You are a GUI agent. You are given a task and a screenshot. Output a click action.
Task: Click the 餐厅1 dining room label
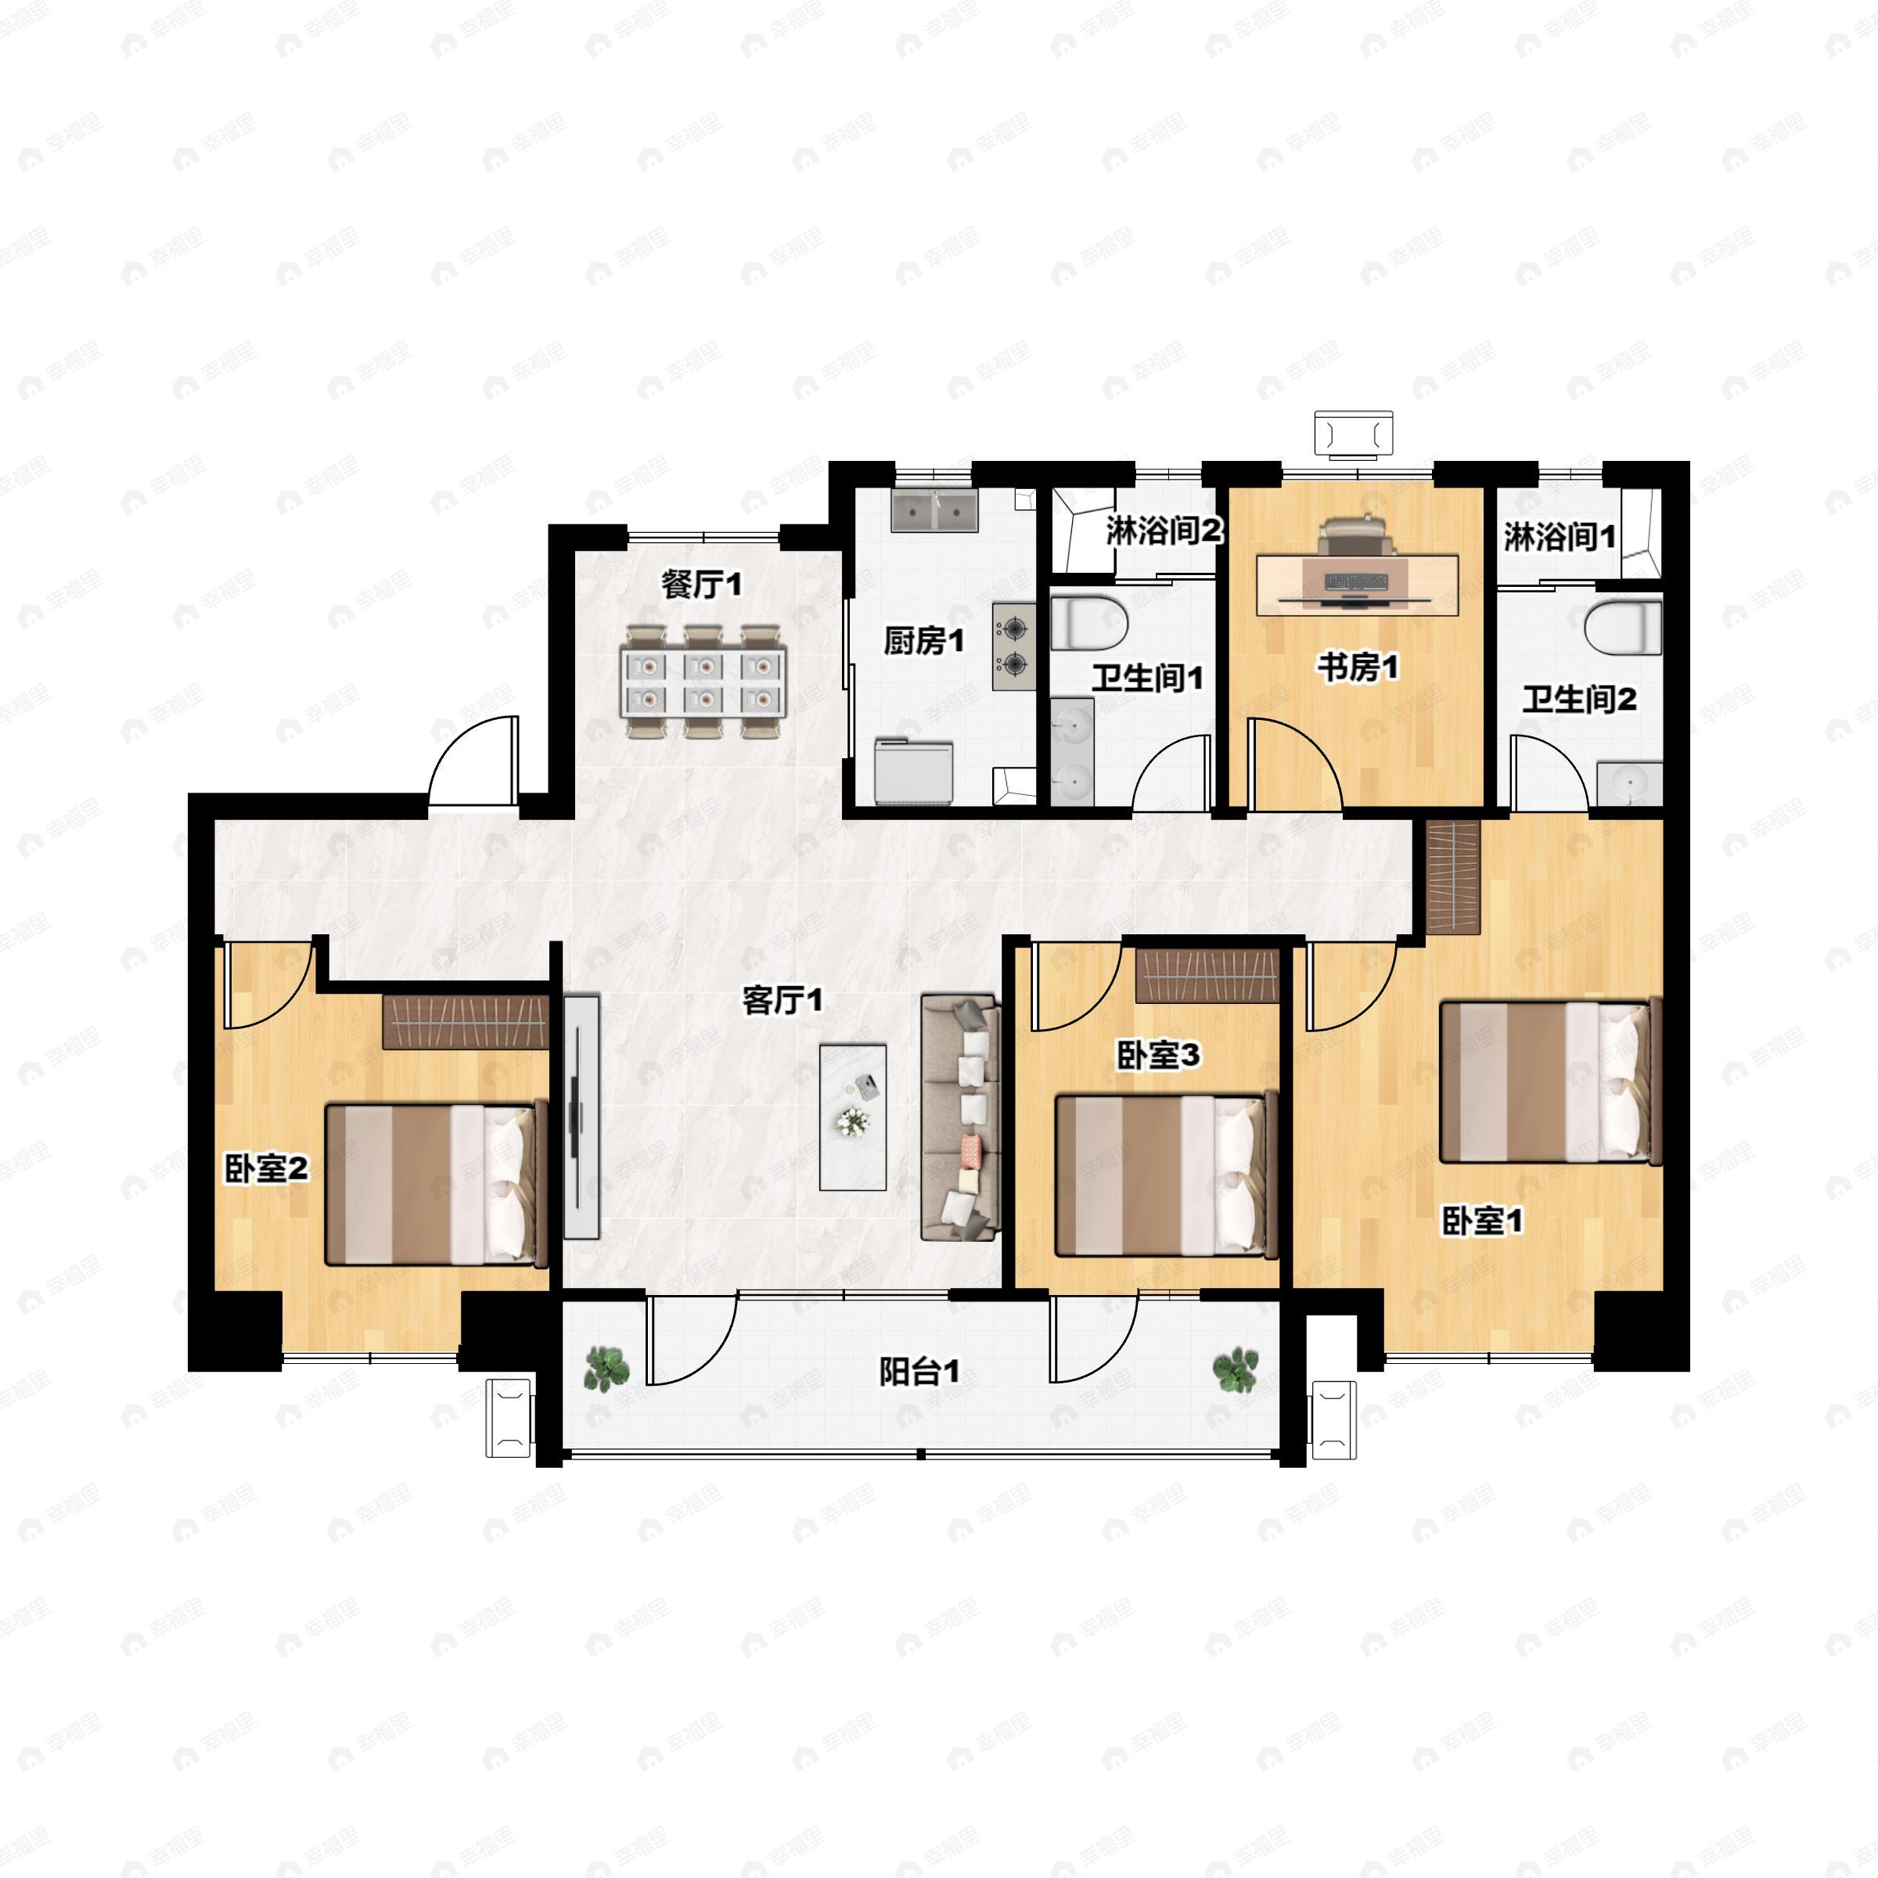pyautogui.click(x=701, y=585)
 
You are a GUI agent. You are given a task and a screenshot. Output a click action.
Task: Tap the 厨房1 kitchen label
pyautogui.click(x=923, y=641)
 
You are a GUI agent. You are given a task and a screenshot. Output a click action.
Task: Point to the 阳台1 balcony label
pyautogui.click(x=919, y=1372)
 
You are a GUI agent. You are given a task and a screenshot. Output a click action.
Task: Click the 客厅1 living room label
pyautogui.click(x=782, y=999)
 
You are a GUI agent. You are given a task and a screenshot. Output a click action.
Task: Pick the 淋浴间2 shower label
pyautogui.click(x=1164, y=531)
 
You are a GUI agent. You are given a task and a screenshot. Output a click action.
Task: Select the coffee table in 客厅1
pyautogui.click(x=852, y=1118)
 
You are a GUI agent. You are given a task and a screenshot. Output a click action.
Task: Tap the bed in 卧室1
pyautogui.click(x=1550, y=1081)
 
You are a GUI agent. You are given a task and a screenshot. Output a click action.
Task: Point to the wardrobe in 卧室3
pyautogui.click(x=1207, y=975)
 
